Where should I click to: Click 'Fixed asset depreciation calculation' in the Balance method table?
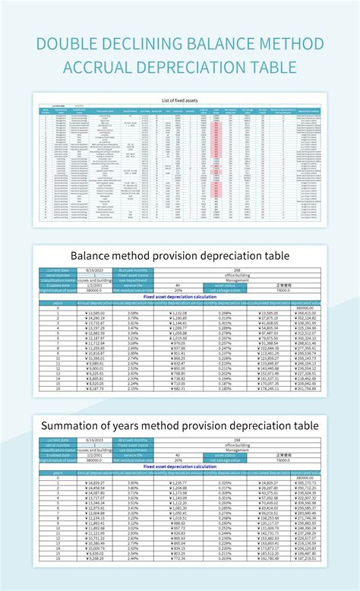click(180, 296)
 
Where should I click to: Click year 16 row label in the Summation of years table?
click(58, 557)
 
